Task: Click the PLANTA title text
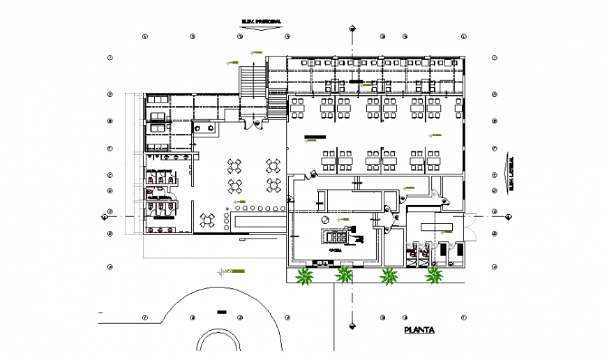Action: coord(419,330)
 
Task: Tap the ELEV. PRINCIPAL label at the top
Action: coord(262,22)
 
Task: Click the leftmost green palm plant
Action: coord(304,276)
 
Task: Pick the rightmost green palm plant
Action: coord(434,276)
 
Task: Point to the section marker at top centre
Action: coord(352,29)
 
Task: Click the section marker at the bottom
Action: coord(352,323)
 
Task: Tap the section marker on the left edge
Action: coord(105,216)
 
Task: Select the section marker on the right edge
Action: coord(509,216)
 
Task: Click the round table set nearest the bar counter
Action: coord(207,220)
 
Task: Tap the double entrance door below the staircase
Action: coord(253,124)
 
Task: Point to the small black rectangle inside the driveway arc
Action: coord(222,311)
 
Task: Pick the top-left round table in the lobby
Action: coord(235,166)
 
